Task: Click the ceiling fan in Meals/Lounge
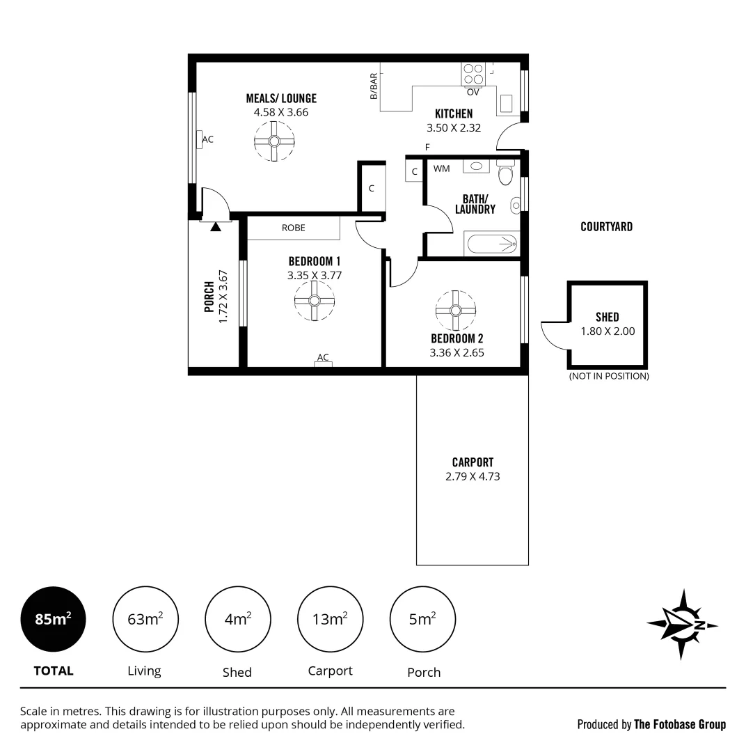(274, 141)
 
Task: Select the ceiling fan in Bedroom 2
(455, 310)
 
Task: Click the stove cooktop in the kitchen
(473, 74)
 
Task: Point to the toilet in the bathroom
(506, 173)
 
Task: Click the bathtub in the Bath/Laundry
(492, 244)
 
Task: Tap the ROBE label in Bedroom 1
(293, 228)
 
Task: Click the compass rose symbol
(683, 625)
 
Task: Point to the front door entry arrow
(216, 226)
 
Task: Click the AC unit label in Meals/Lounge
(207, 139)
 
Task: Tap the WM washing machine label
(441, 169)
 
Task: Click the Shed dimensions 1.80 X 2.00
(608, 331)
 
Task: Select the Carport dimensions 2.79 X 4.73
(473, 477)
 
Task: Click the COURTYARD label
(606, 227)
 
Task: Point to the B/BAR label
(374, 86)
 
